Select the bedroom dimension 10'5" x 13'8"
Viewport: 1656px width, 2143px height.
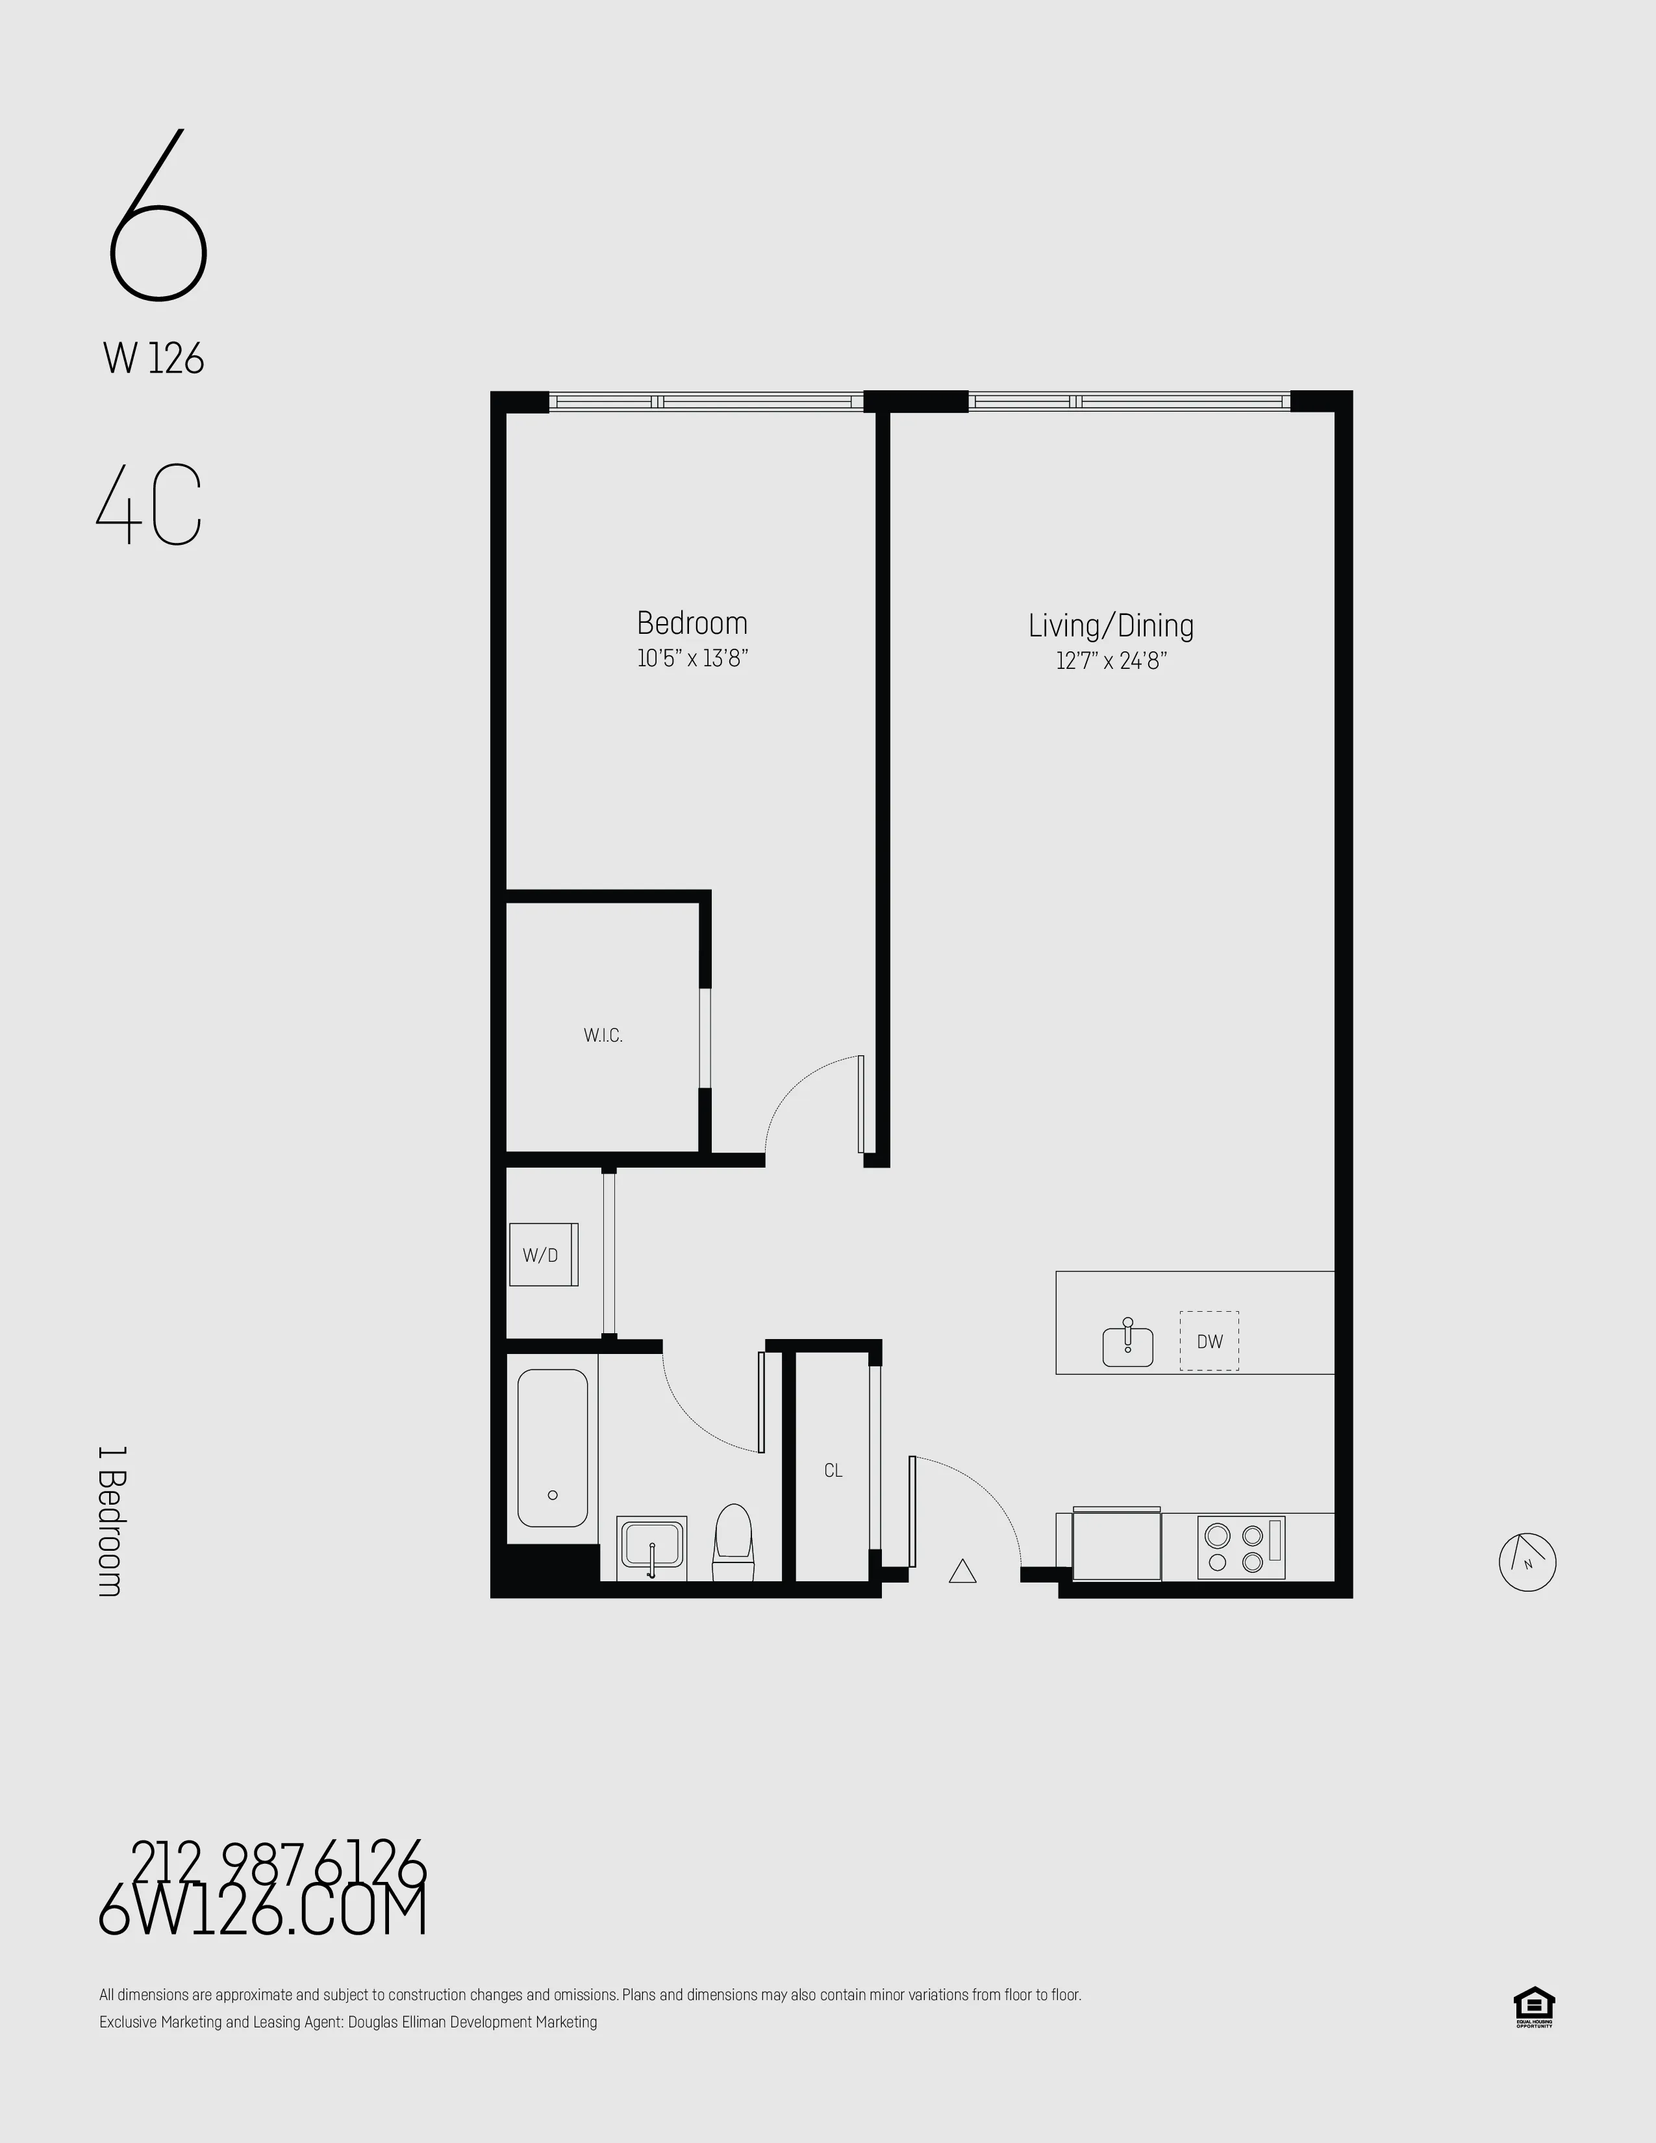[x=693, y=658]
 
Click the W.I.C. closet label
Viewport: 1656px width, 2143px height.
[x=603, y=1035]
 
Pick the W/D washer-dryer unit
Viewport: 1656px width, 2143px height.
[x=542, y=1255]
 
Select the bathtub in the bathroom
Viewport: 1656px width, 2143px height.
[x=553, y=1448]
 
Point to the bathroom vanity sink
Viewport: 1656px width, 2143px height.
[x=651, y=1548]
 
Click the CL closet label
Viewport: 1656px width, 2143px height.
[x=833, y=1471]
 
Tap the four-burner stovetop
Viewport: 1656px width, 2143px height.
[x=1240, y=1548]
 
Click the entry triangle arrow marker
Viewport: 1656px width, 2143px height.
[x=962, y=1572]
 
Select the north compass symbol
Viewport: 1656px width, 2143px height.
[x=1527, y=1561]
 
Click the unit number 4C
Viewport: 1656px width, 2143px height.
[x=149, y=507]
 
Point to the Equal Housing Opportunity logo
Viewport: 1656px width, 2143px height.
[x=1533, y=2007]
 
